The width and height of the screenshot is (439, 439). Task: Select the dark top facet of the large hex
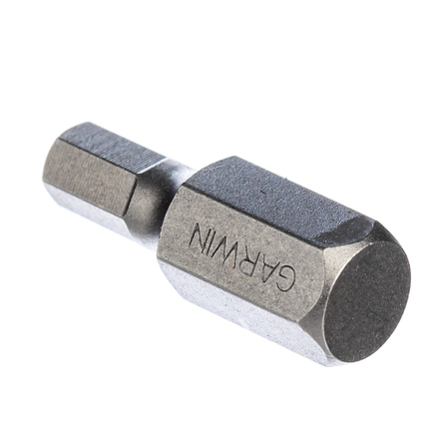276,200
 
